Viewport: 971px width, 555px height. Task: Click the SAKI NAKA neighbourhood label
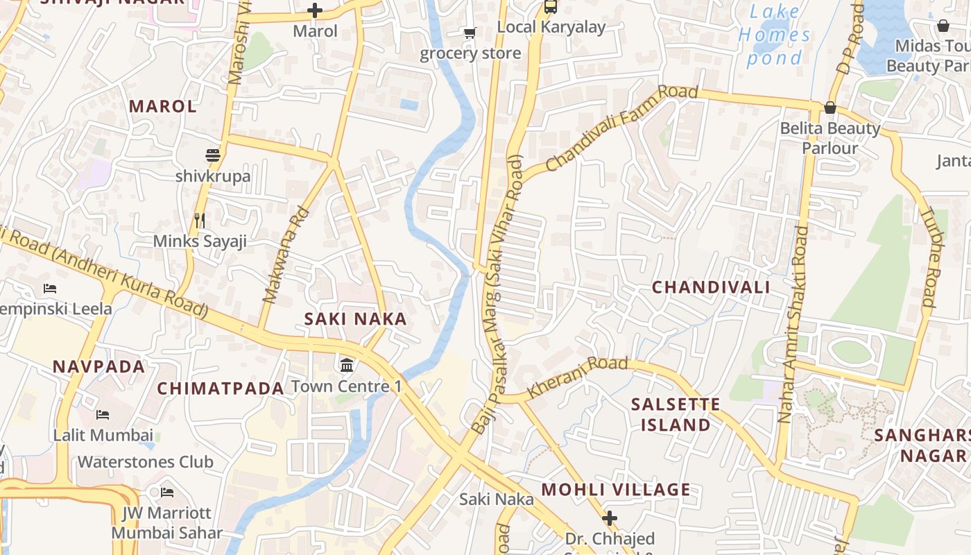click(355, 319)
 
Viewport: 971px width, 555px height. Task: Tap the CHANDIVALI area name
click(711, 287)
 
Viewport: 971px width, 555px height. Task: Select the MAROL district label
click(163, 106)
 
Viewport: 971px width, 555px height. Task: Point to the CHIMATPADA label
click(221, 388)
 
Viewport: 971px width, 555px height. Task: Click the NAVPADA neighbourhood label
click(99, 366)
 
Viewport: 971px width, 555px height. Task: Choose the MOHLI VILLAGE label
click(616, 490)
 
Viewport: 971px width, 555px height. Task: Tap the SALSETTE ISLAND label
click(676, 414)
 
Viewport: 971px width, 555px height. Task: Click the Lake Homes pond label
click(774, 35)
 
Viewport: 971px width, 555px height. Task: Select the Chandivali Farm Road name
click(621, 129)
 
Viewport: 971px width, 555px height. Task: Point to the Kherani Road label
click(577, 377)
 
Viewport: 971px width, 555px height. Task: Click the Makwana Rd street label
click(285, 255)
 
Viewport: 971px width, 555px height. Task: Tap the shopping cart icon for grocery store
click(470, 33)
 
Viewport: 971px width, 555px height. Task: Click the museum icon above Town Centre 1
click(346, 364)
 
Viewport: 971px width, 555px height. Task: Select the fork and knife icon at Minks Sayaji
click(200, 221)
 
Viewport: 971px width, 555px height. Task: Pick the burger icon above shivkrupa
click(213, 155)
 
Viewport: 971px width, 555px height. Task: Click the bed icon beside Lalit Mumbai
click(103, 415)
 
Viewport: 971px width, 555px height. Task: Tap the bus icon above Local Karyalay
click(551, 7)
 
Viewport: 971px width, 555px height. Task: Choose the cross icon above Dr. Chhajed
click(610, 518)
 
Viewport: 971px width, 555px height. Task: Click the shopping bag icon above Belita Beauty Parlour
click(830, 108)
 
